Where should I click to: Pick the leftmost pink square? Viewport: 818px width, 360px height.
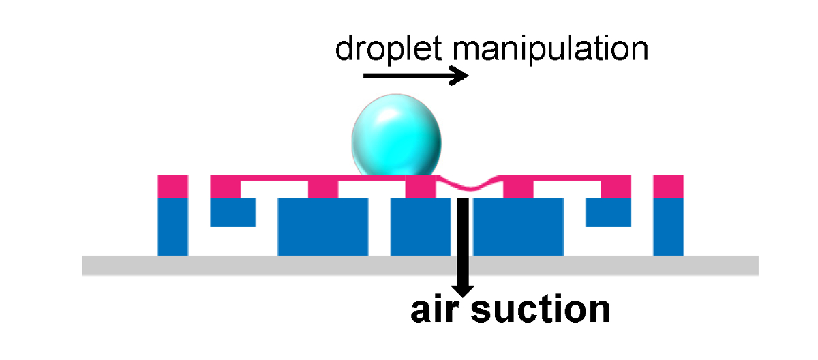[x=172, y=186]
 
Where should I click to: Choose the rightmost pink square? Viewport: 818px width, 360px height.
[x=668, y=186]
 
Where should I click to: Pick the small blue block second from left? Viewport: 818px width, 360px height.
[x=232, y=212]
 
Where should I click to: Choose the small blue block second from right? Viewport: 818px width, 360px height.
[x=609, y=212]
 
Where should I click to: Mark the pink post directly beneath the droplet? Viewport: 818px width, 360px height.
[x=420, y=186]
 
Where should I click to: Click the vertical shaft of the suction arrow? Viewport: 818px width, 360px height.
[x=463, y=232]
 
